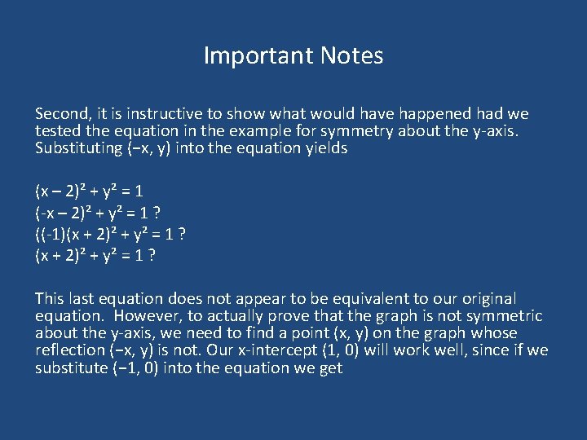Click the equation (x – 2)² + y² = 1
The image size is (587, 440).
90,192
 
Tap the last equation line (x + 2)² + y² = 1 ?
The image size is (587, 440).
96,256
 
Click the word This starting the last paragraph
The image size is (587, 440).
51,299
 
